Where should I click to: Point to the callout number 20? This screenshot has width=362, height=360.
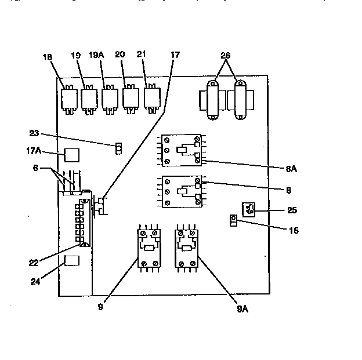(120, 55)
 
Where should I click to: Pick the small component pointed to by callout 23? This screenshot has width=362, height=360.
(118, 148)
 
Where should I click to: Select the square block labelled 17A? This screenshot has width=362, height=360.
(71, 155)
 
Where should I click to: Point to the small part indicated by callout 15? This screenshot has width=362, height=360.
(233, 221)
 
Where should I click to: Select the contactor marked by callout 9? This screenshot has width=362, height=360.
(148, 248)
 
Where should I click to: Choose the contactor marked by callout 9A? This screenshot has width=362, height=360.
(187, 248)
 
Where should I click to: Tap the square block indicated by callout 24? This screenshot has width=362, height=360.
(71, 260)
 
